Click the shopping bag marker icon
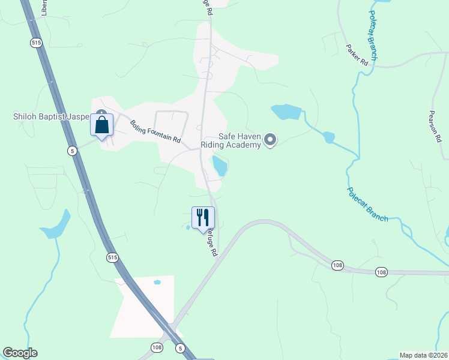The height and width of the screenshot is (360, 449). tap(101, 125)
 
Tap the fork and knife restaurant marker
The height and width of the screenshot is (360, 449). tap(203, 218)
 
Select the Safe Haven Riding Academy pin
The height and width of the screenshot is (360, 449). tap(270, 140)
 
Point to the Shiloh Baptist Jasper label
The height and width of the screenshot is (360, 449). tap(50, 116)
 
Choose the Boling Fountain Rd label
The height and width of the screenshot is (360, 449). tap(155, 131)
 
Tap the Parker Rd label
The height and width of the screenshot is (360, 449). tap(357, 55)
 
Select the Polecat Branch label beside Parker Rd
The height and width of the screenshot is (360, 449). tap(373, 36)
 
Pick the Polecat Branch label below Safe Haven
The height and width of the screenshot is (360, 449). tap(367, 204)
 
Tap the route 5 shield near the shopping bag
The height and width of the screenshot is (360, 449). tap(72, 150)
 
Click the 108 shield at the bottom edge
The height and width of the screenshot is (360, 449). tap(157, 347)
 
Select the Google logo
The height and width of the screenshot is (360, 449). tap(20, 353)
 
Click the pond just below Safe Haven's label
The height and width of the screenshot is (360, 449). tap(219, 165)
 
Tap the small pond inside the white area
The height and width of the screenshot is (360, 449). tap(157, 282)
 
